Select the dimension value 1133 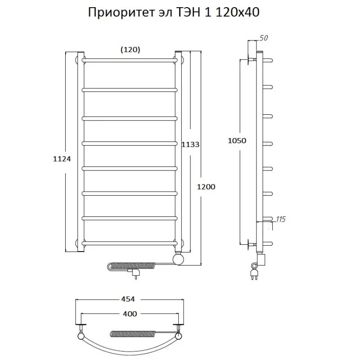tap(190, 144)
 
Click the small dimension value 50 tap(264, 38)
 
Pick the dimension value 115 tap(280, 219)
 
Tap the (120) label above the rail tap(130, 50)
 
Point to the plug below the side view tap(252, 272)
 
